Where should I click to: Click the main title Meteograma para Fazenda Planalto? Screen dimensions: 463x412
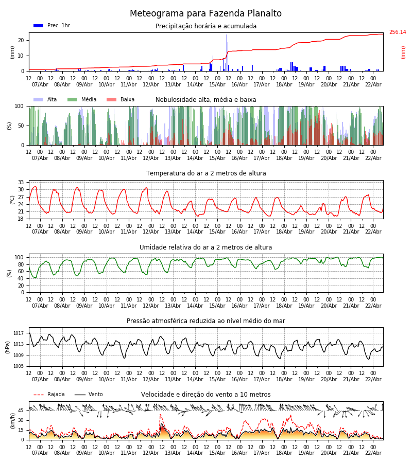pyautogui.click(x=205, y=14)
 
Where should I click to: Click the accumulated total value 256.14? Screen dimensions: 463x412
pyautogui.click(x=397, y=32)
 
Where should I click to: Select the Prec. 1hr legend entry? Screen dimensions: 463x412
pyautogui.click(x=52, y=26)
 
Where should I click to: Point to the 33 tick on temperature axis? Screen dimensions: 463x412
pyautogui.click(x=21, y=182)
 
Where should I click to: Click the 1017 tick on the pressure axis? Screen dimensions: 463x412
pyautogui.click(x=19, y=333)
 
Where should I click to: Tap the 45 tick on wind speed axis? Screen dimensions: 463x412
pyautogui.click(x=21, y=411)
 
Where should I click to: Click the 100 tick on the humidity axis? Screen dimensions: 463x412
pyautogui.click(x=19, y=257)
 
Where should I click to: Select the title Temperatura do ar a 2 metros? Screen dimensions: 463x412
pyautogui.click(x=206, y=173)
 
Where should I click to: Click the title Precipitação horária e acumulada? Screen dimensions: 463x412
pyautogui.click(x=206, y=26)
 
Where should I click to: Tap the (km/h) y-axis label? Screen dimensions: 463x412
pyautogui.click(x=13, y=420)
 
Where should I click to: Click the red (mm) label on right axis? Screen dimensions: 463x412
pyautogui.click(x=403, y=52)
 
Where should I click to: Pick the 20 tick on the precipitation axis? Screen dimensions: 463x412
pyautogui.click(x=21, y=40)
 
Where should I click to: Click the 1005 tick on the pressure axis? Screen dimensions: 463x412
pyautogui.click(x=19, y=366)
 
